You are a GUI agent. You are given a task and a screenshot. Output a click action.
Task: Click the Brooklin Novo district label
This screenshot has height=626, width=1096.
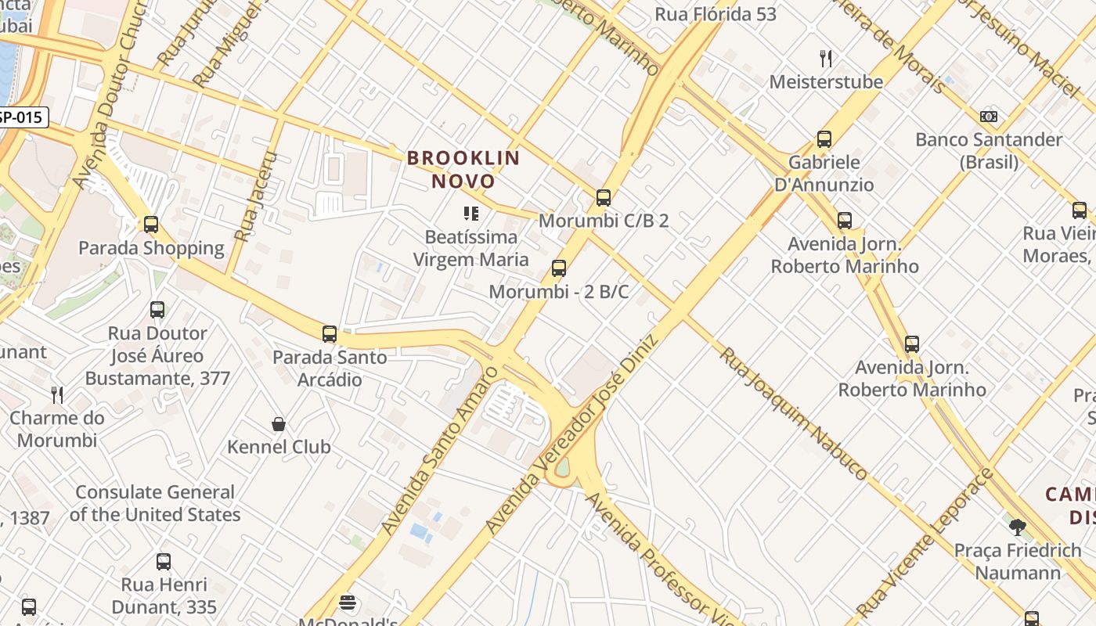tap(463, 169)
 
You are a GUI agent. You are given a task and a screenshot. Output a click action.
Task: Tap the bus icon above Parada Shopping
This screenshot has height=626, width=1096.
tap(151, 225)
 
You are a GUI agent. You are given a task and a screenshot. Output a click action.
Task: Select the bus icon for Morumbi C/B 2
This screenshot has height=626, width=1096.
tap(603, 197)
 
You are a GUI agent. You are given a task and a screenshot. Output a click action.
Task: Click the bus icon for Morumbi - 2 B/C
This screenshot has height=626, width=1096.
tap(558, 268)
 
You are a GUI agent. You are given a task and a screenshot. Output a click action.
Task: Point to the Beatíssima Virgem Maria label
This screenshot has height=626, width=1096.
tap(470, 248)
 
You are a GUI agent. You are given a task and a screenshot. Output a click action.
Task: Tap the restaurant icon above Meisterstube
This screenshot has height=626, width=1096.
tap(825, 58)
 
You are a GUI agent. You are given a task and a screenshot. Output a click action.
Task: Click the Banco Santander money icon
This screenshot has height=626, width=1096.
tap(989, 117)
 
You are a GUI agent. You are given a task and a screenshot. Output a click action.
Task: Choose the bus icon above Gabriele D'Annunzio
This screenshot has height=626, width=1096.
tap(824, 139)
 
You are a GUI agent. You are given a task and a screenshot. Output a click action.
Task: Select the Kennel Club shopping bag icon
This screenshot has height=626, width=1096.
tap(278, 424)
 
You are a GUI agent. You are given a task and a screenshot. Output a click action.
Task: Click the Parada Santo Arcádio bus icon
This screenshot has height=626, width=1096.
tap(329, 334)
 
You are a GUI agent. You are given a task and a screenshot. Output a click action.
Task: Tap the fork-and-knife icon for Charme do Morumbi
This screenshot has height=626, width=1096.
tap(56, 394)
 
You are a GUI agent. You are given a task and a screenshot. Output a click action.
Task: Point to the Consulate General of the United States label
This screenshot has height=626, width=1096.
tap(155, 503)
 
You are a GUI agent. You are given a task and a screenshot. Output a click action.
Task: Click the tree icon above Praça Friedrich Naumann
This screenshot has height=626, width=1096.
tap(1017, 527)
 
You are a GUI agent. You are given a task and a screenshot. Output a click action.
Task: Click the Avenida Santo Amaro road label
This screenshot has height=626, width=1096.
tap(439, 451)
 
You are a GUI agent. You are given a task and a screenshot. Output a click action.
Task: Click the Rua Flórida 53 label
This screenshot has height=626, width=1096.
tap(716, 14)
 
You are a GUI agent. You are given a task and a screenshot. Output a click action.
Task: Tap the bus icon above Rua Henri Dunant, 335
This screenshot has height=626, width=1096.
tap(163, 561)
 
